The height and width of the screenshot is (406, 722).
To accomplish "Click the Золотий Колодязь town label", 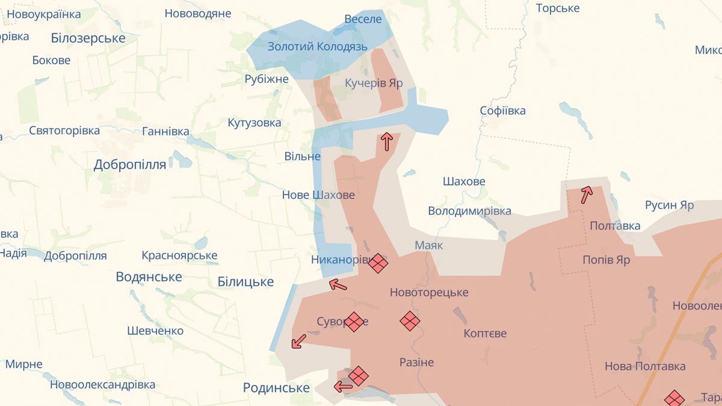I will point(317,46).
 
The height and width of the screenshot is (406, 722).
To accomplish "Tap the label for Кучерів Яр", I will point(374,83).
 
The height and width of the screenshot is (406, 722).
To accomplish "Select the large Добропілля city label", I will point(129,165).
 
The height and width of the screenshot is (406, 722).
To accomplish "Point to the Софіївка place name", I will point(502,111).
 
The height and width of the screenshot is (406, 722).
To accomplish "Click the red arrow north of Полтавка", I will point(586,194).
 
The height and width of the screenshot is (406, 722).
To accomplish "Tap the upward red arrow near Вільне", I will point(387,141).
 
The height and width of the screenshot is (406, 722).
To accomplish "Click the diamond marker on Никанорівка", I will point(378,263).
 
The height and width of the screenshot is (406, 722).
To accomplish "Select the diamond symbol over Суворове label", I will point(354,321).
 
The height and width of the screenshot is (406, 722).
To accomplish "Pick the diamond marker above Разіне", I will point(410,321).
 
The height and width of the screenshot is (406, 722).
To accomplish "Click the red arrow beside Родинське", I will point(343,387).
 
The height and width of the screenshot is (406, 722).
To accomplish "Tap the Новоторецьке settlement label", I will point(429,293).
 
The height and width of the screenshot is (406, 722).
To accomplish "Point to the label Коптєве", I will point(485,333).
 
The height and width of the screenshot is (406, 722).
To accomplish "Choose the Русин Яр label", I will point(669,205).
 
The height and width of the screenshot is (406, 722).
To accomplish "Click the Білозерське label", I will point(88,38).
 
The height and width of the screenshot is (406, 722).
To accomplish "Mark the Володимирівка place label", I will point(469,211).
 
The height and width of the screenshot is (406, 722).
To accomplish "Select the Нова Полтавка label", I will point(645,366).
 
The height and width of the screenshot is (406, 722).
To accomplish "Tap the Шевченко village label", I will point(155,331).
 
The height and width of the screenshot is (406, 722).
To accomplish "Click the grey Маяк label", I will point(428,245).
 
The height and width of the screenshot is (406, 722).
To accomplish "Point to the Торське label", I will point(557,8).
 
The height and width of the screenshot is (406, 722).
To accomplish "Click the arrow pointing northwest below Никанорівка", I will point(338,285).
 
